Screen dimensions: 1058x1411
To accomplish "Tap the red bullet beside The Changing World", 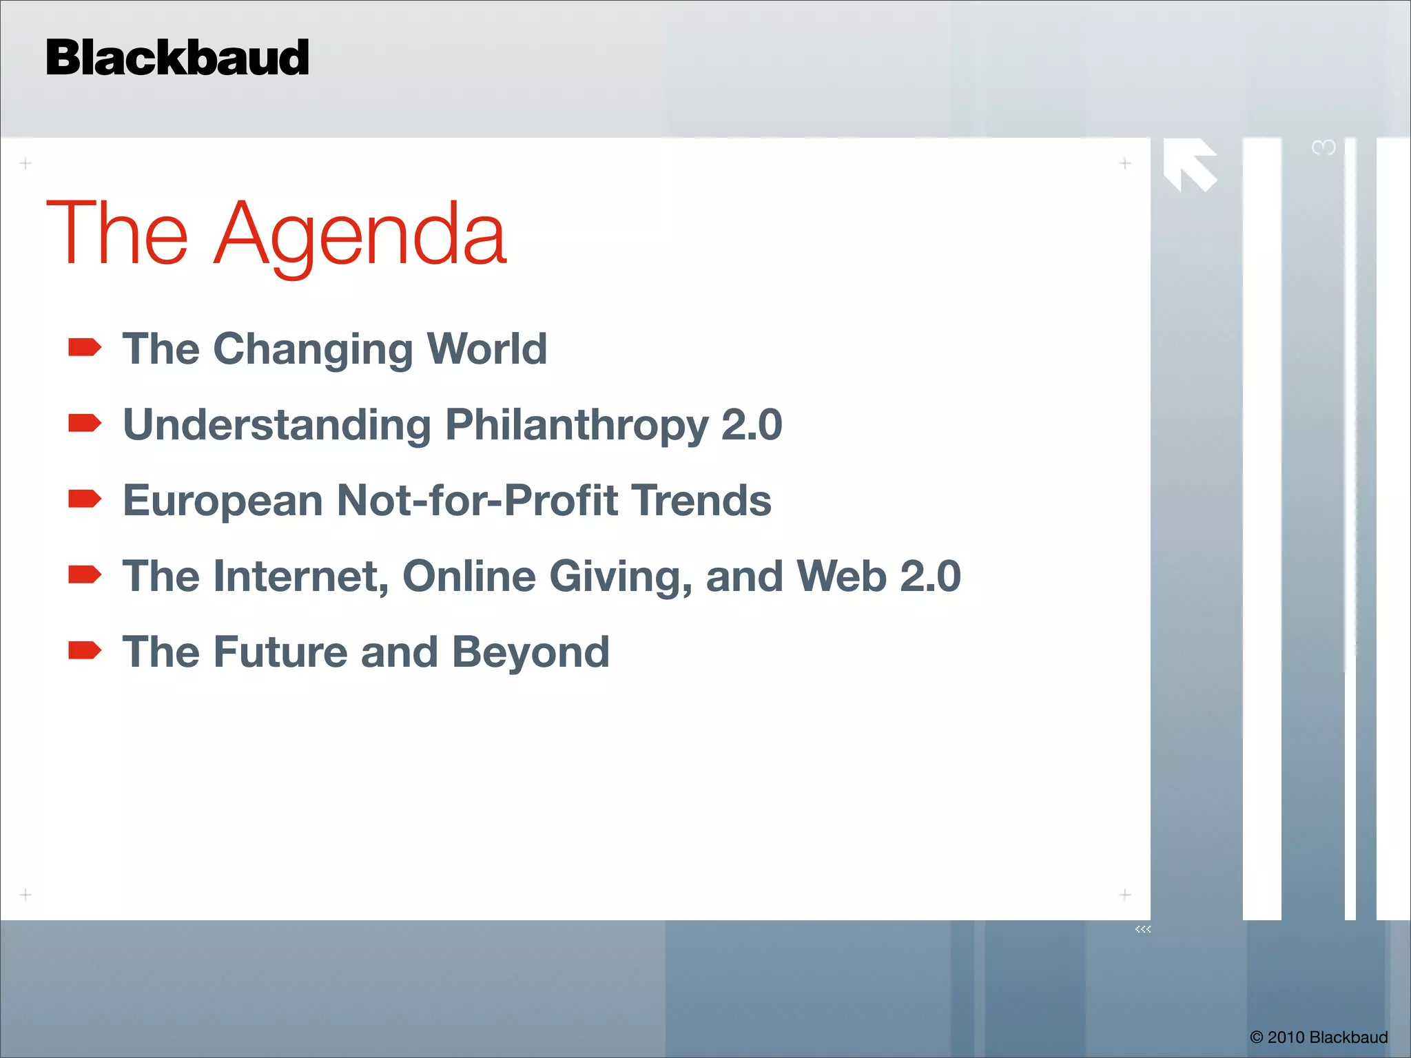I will coord(85,347).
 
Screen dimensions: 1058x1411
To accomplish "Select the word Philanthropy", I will coord(577,424).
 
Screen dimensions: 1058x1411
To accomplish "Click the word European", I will coord(223,501).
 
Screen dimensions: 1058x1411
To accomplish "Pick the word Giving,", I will coord(621,576).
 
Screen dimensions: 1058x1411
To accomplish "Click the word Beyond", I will coord(531,652).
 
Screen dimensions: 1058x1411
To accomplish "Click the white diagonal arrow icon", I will coord(1190,165).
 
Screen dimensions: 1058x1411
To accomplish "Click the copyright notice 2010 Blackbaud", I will coord(1319,1037).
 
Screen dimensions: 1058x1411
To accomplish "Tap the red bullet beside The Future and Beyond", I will coord(85,650).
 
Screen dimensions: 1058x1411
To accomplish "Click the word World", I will coord(486,349).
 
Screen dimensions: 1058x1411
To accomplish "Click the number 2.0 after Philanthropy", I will coord(751,424).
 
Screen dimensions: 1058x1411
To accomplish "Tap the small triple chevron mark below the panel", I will coord(1143,929).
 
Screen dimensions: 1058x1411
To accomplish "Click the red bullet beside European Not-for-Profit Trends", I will coord(85,499).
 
